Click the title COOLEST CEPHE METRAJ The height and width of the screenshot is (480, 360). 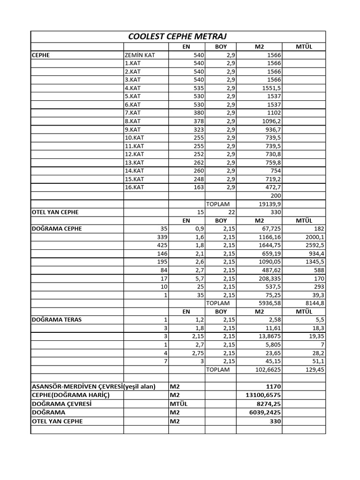point(178,37)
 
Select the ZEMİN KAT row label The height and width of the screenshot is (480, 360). point(140,55)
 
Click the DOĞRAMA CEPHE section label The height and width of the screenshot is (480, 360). point(57,228)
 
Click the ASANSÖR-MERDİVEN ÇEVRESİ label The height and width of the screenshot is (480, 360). point(76,386)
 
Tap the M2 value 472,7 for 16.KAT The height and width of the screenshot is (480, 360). point(272,187)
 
